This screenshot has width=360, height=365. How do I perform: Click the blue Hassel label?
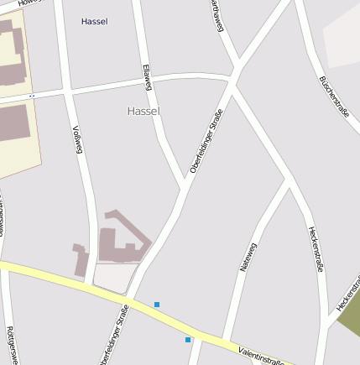coord(94,21)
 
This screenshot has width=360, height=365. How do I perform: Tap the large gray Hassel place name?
coord(143,111)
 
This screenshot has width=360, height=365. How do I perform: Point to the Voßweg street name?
coord(77,139)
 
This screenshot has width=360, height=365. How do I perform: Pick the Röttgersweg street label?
coord(10,344)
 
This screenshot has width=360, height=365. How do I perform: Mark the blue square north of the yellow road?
coord(156,304)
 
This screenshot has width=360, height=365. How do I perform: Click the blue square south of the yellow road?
coord(188,340)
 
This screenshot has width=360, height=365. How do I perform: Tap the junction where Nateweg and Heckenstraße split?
coord(288,180)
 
